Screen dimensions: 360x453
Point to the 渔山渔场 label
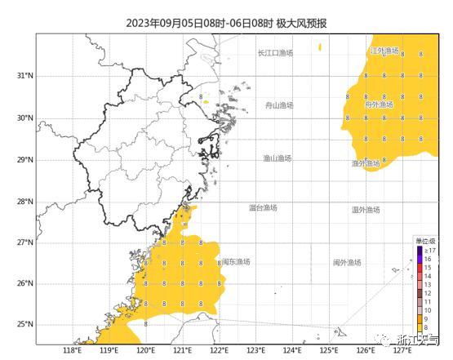(277, 158)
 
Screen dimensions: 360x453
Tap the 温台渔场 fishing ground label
(263, 208)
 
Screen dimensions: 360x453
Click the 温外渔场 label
(366, 210)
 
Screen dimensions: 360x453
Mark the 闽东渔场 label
(236, 262)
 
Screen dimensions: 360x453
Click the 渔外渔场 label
(366, 163)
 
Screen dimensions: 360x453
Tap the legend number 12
(429, 292)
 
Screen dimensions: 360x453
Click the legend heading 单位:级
(425, 241)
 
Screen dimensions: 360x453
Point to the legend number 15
(429, 267)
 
